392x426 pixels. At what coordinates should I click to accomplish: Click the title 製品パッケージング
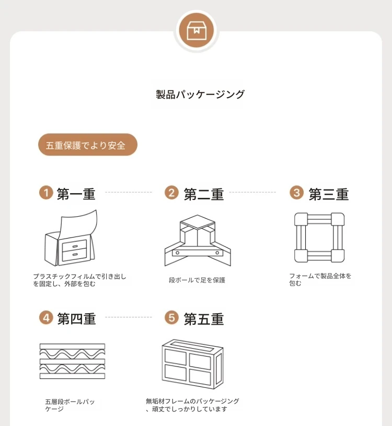[200, 94]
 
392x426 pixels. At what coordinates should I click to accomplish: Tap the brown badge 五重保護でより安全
[87, 145]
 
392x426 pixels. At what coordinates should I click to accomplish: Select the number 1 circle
[47, 193]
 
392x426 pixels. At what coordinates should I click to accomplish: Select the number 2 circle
[171, 193]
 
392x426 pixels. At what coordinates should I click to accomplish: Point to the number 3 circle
[297, 193]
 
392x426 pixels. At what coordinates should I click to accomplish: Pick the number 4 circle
[47, 317]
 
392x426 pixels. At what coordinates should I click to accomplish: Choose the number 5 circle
[171, 317]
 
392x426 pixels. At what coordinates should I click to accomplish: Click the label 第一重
[76, 194]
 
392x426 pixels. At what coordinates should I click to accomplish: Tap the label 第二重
[203, 194]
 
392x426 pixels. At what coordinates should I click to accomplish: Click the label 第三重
[328, 194]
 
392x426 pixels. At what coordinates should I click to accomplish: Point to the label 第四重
[76, 318]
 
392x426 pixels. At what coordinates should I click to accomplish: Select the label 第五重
[203, 318]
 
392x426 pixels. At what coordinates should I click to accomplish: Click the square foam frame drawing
[319, 238]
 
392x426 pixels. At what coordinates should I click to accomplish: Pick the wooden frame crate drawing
[192, 363]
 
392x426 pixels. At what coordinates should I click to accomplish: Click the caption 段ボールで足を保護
[197, 280]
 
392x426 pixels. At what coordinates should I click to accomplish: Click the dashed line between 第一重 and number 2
[129, 192]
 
